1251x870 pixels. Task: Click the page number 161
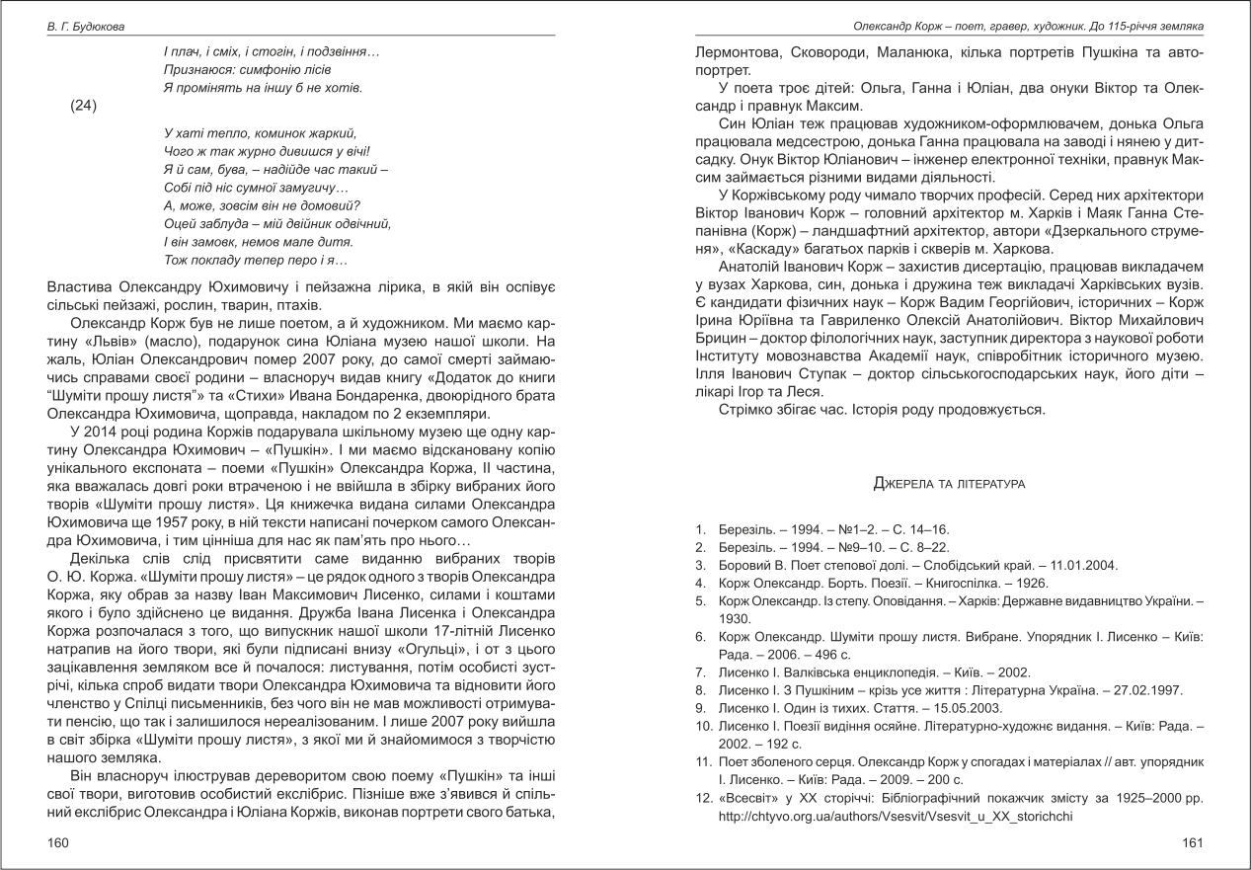(1192, 842)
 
